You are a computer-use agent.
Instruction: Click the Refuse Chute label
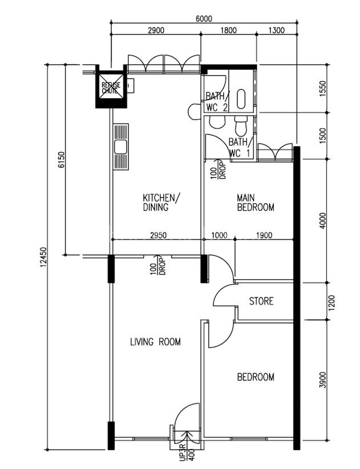111,88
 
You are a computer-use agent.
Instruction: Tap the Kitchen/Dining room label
162,202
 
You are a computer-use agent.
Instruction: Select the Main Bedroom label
255,202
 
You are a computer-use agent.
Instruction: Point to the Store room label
261,301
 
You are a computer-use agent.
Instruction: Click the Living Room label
155,341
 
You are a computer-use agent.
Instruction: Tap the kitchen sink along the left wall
121,147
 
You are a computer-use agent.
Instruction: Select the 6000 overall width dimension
204,19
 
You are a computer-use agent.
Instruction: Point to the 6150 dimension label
61,160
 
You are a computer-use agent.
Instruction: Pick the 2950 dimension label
158,235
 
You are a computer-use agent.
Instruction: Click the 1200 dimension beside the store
332,303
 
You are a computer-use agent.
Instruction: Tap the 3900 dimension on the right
322,380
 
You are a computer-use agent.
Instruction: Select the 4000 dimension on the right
322,221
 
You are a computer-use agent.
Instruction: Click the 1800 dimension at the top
228,30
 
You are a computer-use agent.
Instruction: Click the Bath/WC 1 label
240,147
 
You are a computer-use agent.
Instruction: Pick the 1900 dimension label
264,235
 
